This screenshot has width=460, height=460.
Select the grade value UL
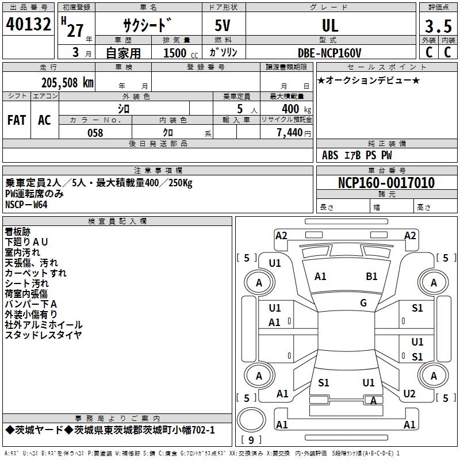tap(330, 25)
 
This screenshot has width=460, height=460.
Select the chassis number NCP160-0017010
tap(386, 183)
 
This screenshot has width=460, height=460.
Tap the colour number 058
tap(95, 133)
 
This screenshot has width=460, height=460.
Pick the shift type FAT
tap(16, 120)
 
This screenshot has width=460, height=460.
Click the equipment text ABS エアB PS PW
tap(356, 155)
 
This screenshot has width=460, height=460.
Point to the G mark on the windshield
tap(363, 303)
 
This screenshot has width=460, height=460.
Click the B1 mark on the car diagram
tap(372, 277)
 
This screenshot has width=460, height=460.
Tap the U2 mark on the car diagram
tap(409, 394)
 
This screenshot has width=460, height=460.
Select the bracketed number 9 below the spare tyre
tap(251, 440)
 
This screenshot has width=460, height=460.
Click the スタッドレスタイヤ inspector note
tap(43, 335)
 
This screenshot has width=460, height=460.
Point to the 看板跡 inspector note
tap(18, 231)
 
